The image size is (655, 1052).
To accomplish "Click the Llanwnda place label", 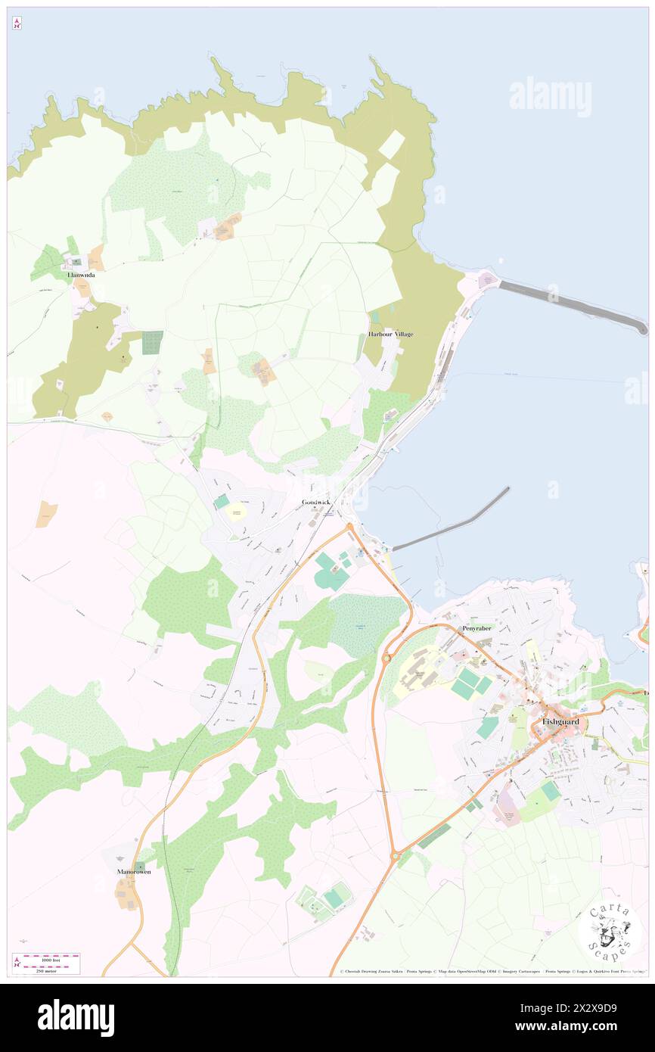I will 81,275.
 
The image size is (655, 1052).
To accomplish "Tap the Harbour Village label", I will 390,334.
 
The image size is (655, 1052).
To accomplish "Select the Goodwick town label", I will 316,502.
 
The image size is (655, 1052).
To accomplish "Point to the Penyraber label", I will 477,628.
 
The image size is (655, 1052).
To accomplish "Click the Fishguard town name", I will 560,722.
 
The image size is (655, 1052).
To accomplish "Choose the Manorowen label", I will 134,872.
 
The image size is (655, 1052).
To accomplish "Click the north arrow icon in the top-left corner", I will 17,23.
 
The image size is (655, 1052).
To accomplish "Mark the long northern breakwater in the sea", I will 571,304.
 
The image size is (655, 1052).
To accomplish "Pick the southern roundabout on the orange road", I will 394,856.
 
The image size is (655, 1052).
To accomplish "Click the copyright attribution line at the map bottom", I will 484,972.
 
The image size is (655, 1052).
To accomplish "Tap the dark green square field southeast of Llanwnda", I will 152,342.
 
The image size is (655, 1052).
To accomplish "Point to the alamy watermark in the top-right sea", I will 550,97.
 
